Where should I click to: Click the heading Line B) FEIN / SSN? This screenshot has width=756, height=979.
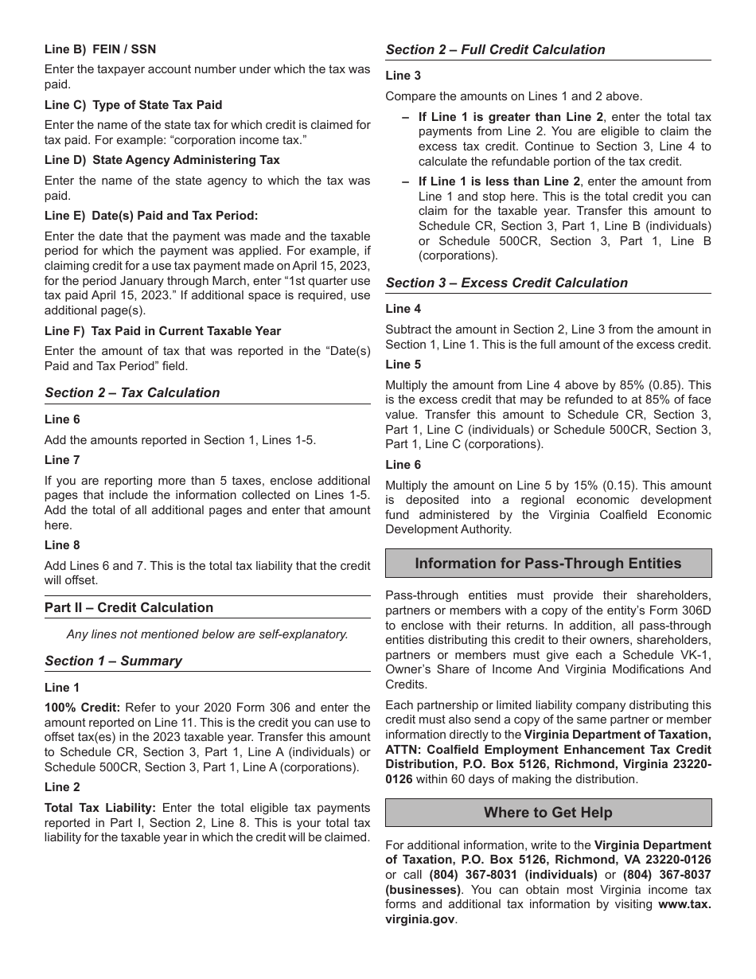pos(100,49)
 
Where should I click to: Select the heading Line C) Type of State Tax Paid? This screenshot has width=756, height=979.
pos(133,105)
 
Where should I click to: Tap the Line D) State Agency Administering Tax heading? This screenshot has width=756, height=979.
pos(162,160)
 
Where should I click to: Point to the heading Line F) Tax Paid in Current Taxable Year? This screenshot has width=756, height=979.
pos(162,331)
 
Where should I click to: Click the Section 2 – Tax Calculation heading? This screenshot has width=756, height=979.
pos(132,392)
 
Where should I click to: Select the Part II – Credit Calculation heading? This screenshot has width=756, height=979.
pos(129,607)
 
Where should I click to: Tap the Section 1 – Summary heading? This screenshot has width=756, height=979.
pos(113,661)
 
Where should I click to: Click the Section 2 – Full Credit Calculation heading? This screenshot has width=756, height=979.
pos(495,49)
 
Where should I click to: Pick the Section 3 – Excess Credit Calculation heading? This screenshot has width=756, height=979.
pos(506,283)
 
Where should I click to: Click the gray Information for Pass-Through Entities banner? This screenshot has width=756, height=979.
pos(548,564)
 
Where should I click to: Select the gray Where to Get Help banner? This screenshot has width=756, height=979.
pos(548,813)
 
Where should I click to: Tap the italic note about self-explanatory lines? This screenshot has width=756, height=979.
pos(207,634)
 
